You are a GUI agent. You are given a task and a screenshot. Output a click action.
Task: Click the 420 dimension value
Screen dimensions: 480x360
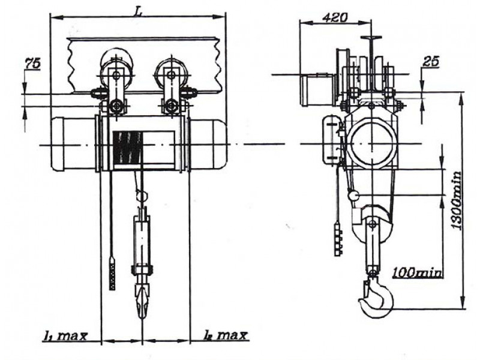pos(335,18)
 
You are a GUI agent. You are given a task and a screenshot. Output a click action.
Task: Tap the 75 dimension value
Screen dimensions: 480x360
pos(33,64)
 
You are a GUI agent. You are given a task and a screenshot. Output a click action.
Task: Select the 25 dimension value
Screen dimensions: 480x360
pos(431,62)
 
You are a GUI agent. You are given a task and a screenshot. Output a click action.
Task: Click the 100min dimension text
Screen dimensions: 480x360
pos(417,272)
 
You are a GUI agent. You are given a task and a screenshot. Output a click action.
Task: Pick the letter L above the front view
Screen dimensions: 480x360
pos(137,11)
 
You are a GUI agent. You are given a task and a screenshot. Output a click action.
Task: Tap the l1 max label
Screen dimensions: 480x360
pos(65,336)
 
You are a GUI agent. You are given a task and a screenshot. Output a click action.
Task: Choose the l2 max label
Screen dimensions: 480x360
pos(225,335)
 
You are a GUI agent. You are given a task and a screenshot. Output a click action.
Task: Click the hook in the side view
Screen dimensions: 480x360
pos(376,298)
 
